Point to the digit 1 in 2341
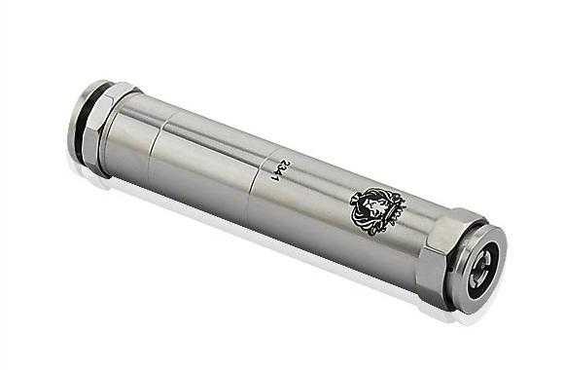click(276, 178)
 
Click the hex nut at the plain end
click(108, 128)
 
